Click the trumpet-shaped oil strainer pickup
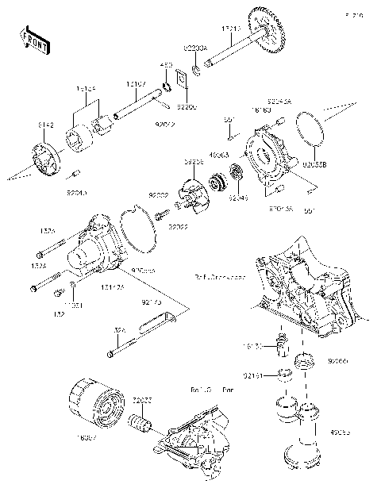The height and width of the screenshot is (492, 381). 301,444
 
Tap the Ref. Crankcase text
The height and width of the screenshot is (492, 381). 220,277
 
